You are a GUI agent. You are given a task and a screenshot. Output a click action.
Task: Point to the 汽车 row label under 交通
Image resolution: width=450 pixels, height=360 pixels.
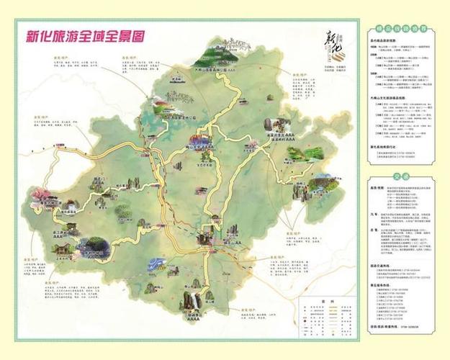coord(374,228)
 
